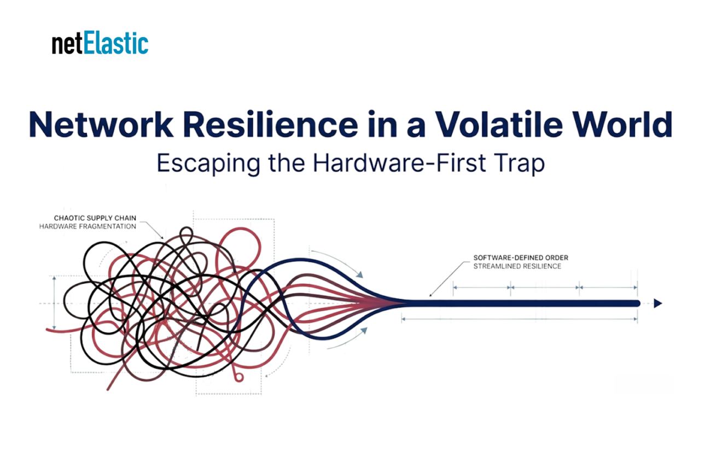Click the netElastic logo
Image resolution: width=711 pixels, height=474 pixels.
point(100,43)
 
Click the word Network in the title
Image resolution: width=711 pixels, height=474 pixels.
point(101,124)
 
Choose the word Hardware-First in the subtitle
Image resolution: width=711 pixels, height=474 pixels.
point(400,163)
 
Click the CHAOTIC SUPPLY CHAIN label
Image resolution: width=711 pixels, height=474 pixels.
point(95,218)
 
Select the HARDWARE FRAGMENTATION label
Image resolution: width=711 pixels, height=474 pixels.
point(88,226)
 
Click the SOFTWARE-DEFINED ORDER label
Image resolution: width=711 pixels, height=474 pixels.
point(521,258)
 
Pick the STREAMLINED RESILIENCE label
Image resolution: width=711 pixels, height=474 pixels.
point(517,266)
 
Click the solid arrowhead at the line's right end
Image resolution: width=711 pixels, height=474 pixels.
point(657,303)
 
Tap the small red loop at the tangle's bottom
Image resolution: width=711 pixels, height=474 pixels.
point(238,377)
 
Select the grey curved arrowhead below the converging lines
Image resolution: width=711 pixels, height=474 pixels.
point(364,331)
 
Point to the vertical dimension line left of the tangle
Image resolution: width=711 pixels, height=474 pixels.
point(54,302)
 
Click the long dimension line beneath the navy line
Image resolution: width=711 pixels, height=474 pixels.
point(520,319)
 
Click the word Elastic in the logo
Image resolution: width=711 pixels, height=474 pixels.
point(116,43)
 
